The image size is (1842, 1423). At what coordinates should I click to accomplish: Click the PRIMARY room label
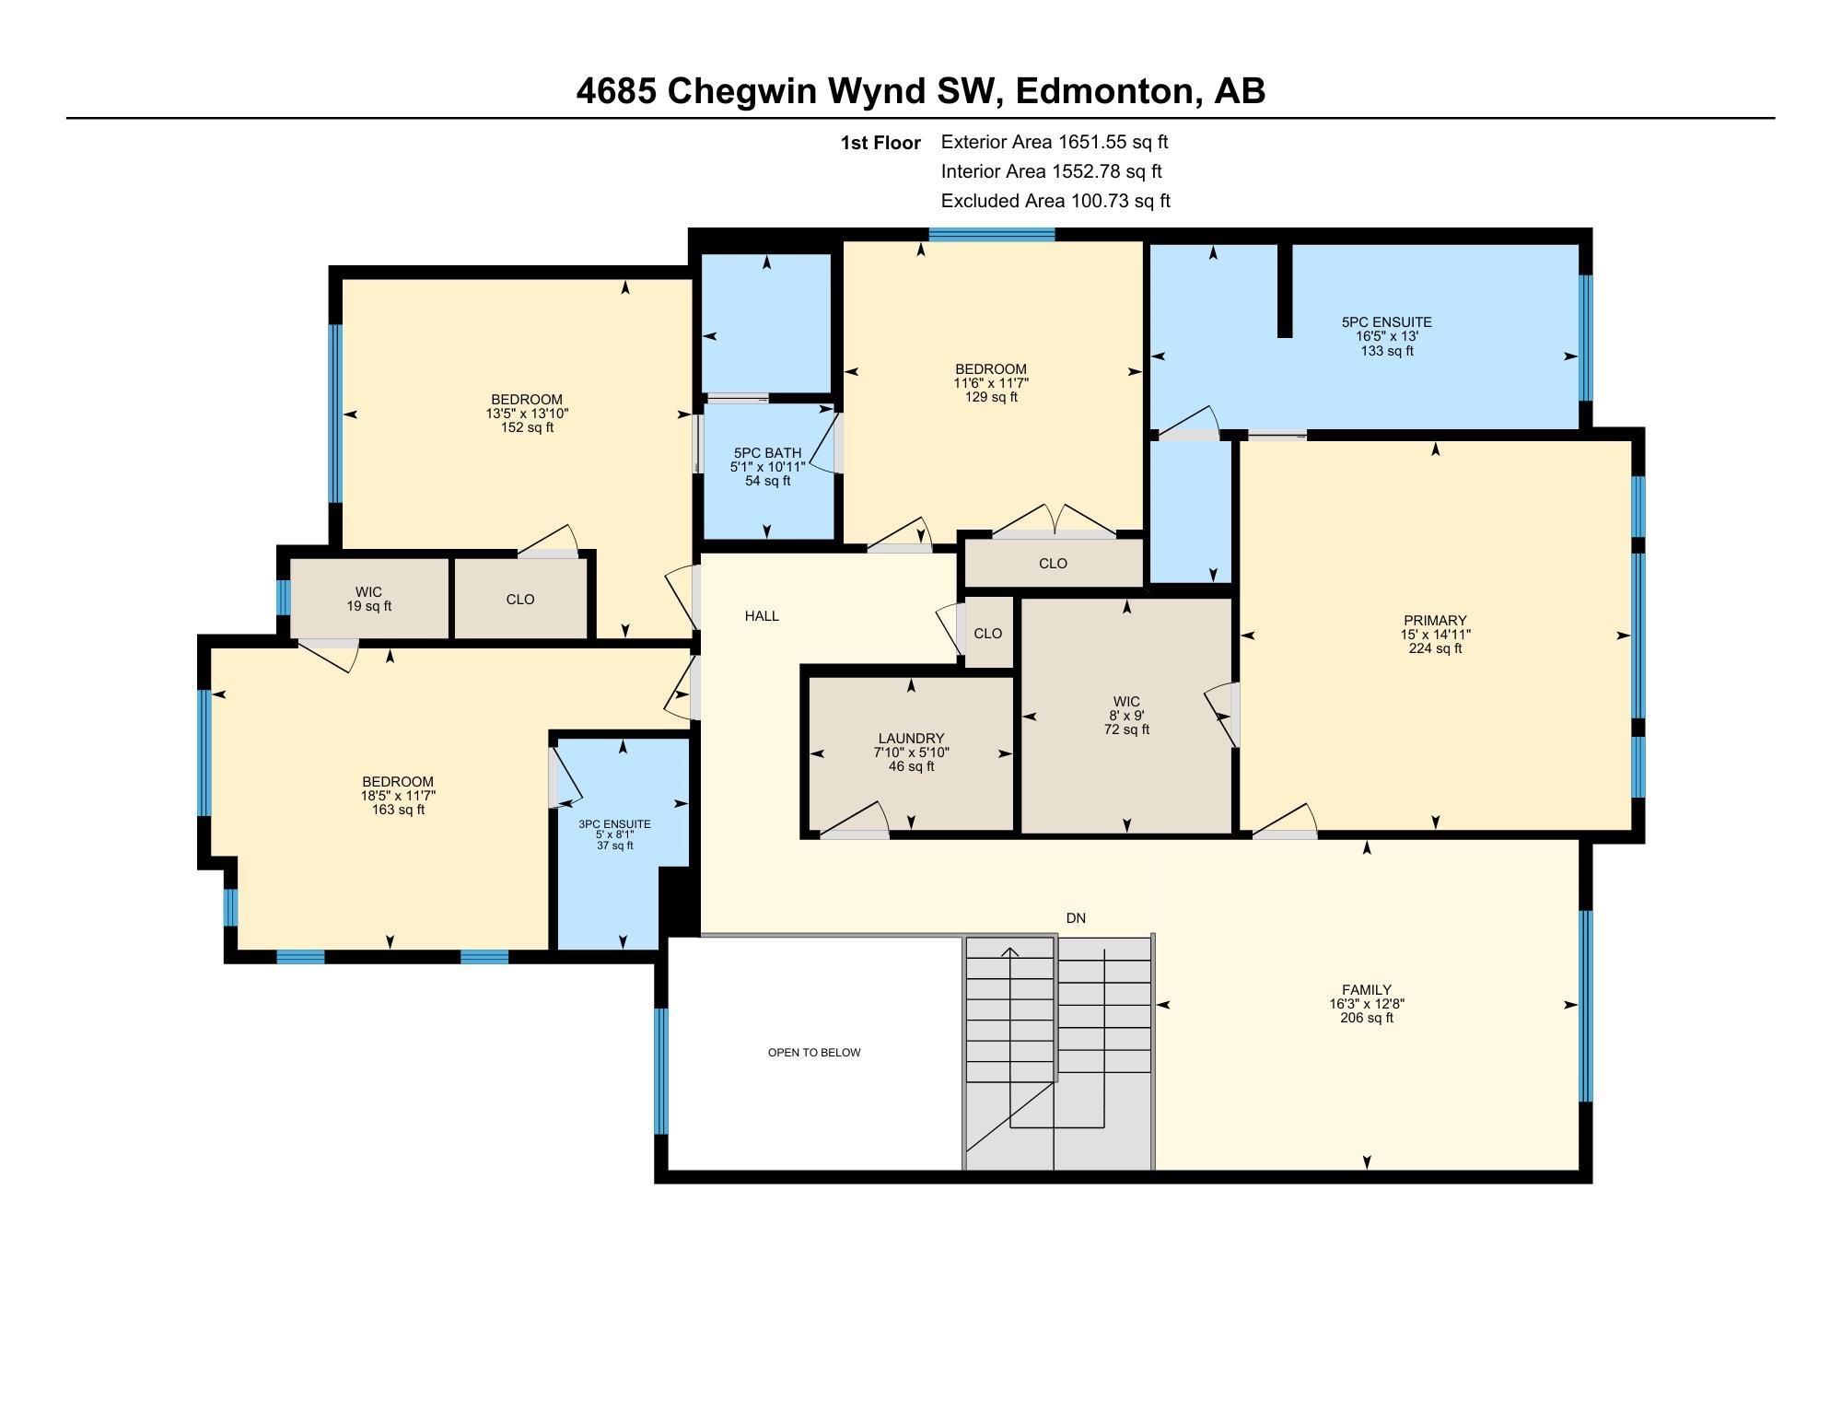point(1435,621)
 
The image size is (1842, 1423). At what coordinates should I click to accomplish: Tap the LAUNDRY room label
point(911,739)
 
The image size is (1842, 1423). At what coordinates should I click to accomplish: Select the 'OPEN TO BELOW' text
point(814,1053)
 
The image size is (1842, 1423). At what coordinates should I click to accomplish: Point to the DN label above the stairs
point(1076,918)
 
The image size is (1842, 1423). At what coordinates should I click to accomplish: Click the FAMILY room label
point(1367,990)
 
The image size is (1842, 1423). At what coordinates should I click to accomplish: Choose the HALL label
point(762,616)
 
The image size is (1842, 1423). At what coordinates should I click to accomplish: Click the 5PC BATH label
point(767,453)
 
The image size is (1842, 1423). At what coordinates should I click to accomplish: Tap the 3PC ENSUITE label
point(614,824)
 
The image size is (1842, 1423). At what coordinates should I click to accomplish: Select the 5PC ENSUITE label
point(1386,322)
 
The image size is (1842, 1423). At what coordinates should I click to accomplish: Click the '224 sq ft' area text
point(1435,648)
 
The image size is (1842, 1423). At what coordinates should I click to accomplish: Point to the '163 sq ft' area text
point(398,810)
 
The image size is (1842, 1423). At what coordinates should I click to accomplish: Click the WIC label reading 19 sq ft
point(368,592)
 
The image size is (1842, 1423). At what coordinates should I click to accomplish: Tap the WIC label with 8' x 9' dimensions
point(1126,702)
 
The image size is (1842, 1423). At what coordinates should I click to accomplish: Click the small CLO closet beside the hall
point(987,634)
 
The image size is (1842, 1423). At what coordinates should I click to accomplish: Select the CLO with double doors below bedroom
point(1053,564)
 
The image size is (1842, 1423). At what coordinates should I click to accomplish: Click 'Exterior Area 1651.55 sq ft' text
point(1054,142)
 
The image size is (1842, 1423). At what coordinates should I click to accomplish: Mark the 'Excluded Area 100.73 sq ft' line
point(1055,201)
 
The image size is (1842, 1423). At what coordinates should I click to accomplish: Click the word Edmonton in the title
point(1104,91)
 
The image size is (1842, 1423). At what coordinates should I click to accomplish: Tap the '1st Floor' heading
point(880,143)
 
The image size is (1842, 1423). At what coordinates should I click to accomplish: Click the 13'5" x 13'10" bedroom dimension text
point(527,414)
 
